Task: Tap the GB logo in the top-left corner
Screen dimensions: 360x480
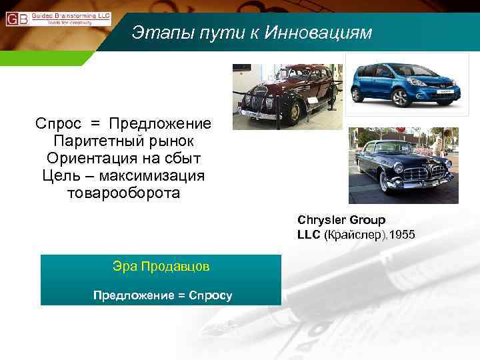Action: (x=17, y=18)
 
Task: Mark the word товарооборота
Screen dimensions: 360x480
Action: (x=123, y=193)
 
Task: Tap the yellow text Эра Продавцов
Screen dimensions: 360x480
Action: (x=161, y=267)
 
